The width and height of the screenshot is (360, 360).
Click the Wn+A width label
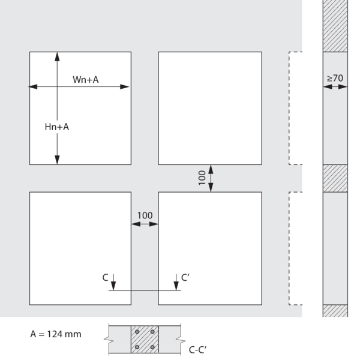click(86, 80)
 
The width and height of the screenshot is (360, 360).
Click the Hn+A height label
click(57, 127)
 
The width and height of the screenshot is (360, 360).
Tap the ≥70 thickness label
click(335, 78)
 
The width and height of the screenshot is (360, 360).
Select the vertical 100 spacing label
click(202, 178)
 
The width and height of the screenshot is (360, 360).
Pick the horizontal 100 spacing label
click(145, 215)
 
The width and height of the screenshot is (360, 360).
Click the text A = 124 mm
click(56, 334)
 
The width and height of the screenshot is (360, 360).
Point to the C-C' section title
click(197, 350)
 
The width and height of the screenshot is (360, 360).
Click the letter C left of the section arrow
click(105, 278)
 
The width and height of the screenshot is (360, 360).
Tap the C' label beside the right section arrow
click(185, 278)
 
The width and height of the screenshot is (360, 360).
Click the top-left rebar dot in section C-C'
click(137, 332)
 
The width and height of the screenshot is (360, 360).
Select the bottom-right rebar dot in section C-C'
click(152, 347)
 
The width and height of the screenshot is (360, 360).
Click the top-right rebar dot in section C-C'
click(152, 332)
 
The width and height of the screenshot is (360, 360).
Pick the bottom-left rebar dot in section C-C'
click(137, 347)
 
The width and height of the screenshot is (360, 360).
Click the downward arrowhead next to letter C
click(113, 286)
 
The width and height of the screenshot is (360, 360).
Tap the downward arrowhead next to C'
click(176, 286)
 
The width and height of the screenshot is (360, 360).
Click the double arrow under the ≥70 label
click(335, 87)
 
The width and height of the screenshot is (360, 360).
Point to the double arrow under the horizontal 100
click(145, 224)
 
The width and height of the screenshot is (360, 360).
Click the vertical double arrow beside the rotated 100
click(211, 178)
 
